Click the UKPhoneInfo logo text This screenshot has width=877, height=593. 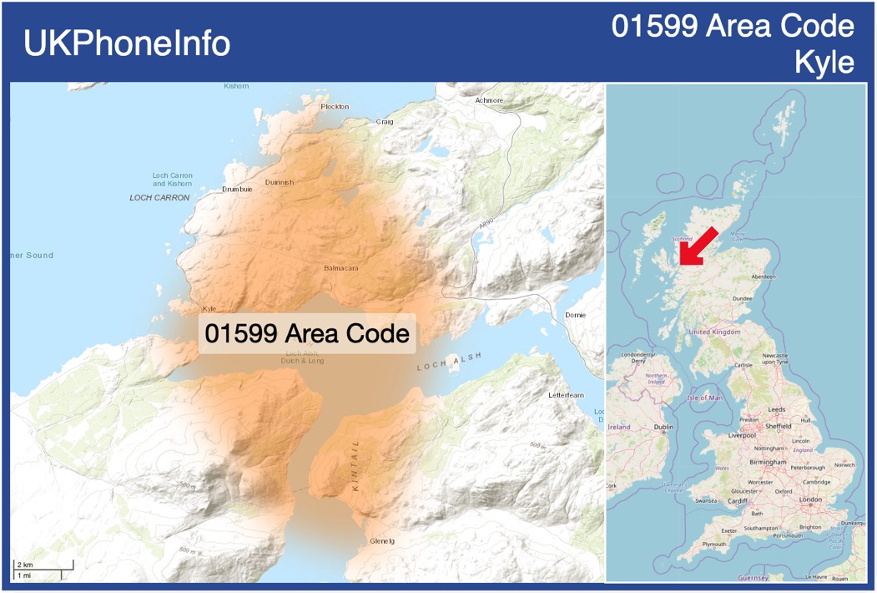tap(127, 43)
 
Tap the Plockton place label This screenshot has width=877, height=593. tap(335, 107)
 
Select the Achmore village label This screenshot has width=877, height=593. tap(489, 100)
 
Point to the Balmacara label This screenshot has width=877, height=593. tap(341, 269)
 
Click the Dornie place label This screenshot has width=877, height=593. tap(575, 316)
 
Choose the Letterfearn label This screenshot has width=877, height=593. tap(566, 394)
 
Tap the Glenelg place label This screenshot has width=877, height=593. tap(381, 541)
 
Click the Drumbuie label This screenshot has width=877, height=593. tap(237, 190)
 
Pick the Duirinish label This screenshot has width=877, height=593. tap(280, 182)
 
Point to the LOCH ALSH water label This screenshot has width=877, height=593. tap(450, 362)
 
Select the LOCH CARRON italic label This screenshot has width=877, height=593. tap(159, 198)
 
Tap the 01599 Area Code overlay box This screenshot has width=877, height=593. tap(307, 334)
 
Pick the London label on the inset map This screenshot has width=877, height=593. tap(810, 499)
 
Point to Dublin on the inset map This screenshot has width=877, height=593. tap(664, 427)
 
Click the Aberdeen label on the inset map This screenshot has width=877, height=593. tap(763, 276)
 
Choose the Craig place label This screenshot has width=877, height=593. tap(385, 122)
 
